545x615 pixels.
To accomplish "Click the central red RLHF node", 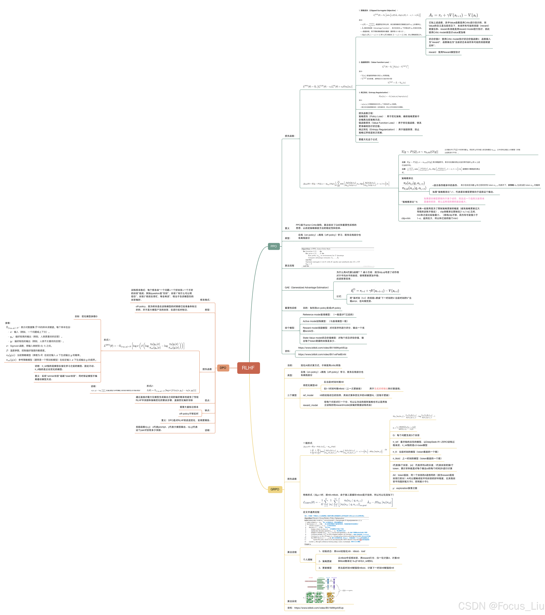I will tap(248, 368).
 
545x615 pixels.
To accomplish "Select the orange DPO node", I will tap(223, 368).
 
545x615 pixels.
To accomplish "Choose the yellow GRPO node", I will tap(275, 489).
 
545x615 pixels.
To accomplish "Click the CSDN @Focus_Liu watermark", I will tap(500, 605).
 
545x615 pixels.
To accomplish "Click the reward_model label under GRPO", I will tap(310, 405).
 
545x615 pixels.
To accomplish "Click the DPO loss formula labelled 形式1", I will tap(144, 346).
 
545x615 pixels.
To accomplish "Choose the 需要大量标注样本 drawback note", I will tap(189, 407).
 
